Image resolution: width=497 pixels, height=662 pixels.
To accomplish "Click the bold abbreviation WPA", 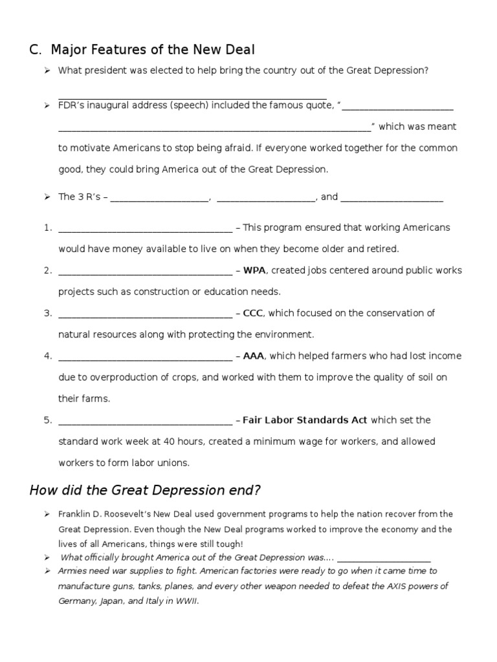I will [254, 270].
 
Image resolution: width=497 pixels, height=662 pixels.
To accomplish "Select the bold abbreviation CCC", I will [254, 313].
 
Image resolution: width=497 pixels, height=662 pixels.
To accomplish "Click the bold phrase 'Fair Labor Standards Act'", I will [305, 420].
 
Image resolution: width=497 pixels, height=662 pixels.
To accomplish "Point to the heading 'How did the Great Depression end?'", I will [145, 490].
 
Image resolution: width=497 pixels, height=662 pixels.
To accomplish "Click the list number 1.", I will [47, 228].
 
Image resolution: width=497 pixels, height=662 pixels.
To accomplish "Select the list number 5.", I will [47, 420].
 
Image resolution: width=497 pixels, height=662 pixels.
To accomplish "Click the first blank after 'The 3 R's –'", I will [160, 198].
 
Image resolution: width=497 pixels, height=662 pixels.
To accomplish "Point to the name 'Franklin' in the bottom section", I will [76, 514].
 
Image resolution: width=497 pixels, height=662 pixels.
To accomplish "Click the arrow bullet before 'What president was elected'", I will [47, 70].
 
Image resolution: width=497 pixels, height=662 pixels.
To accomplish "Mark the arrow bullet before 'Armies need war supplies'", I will [47, 571].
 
